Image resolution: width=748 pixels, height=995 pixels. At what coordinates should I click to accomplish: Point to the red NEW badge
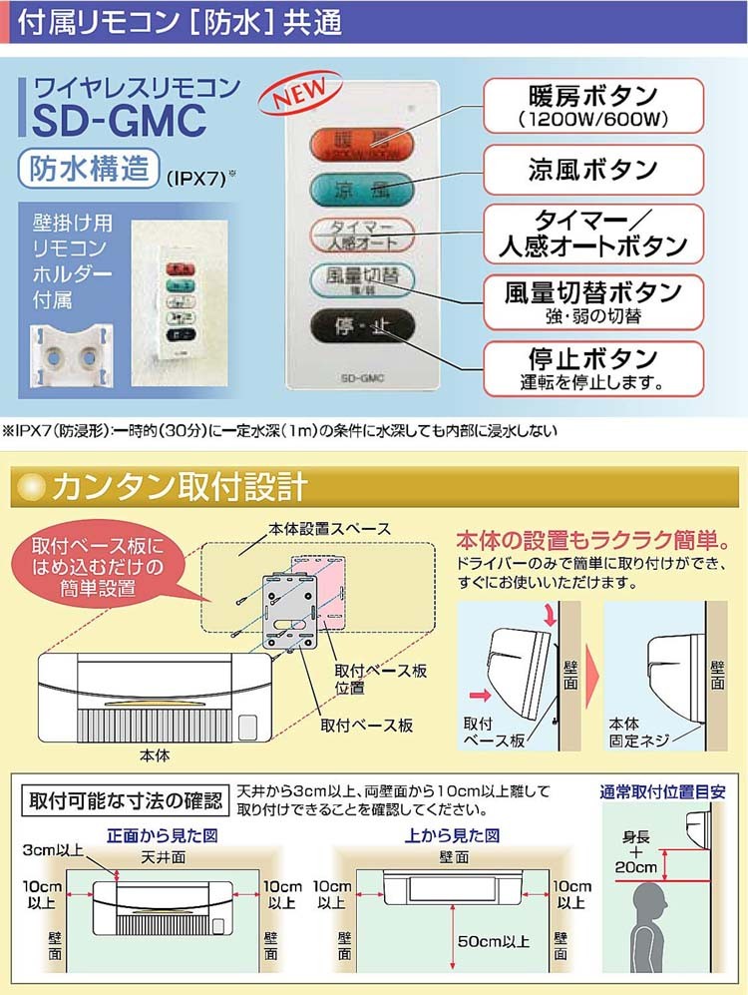coord(295,98)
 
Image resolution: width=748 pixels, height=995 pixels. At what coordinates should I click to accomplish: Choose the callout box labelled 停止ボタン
coord(593,367)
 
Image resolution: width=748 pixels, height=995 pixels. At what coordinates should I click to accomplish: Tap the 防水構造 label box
coord(90,169)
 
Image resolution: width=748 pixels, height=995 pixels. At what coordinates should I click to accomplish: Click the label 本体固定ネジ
coord(638,735)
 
